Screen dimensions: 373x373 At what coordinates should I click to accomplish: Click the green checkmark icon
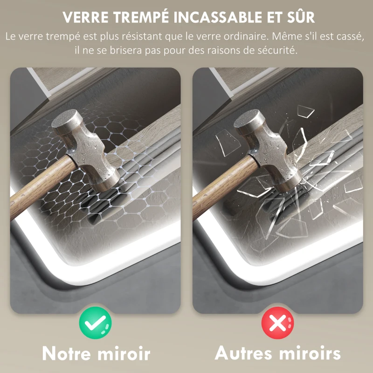click(95, 322)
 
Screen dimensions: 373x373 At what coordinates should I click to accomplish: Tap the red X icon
click(277, 322)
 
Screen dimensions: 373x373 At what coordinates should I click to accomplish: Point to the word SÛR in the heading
click(302, 17)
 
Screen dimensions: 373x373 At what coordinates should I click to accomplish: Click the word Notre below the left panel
click(68, 353)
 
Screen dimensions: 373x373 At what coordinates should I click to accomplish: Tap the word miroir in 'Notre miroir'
click(124, 353)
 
